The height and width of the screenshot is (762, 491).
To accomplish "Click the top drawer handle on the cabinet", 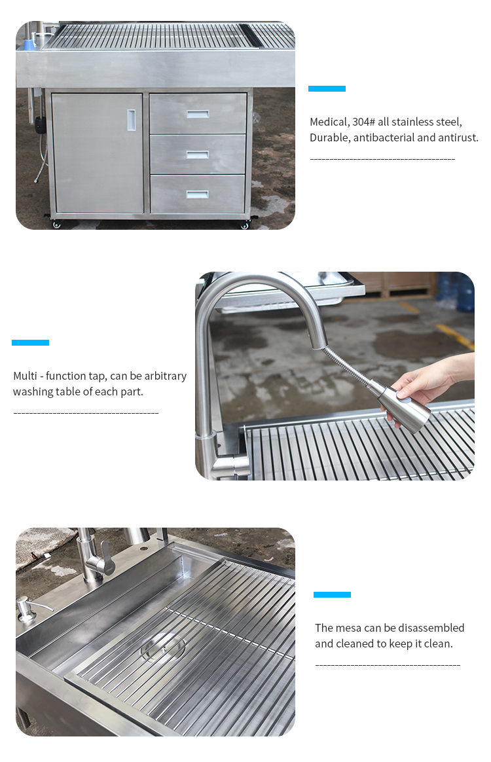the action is pyautogui.click(x=198, y=114).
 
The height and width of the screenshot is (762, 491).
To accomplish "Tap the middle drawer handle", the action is pyautogui.click(x=197, y=154).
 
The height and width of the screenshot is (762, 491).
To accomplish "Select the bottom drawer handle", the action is pyautogui.click(x=197, y=194).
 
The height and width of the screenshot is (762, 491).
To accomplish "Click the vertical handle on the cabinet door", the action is pyautogui.click(x=131, y=120).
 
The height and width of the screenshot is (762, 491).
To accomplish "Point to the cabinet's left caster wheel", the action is pyautogui.click(x=57, y=225).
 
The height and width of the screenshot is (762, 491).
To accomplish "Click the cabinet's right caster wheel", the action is pyautogui.click(x=245, y=225).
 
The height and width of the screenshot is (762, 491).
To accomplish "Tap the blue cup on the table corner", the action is pyautogui.click(x=29, y=44).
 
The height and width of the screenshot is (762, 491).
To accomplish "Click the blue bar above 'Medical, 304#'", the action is pyautogui.click(x=327, y=88).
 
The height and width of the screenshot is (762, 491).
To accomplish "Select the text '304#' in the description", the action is pyautogui.click(x=363, y=122).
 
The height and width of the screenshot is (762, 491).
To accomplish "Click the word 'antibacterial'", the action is pyautogui.click(x=384, y=137).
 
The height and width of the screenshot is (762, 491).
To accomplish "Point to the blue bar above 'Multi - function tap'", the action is pyautogui.click(x=30, y=342).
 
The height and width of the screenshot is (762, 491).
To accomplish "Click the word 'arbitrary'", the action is pyautogui.click(x=165, y=376).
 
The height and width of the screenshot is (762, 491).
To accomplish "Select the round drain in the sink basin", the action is pyautogui.click(x=163, y=647).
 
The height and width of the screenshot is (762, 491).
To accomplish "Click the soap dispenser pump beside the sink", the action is pyautogui.click(x=27, y=608).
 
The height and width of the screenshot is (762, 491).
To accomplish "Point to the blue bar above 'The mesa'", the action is pyautogui.click(x=332, y=594).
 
